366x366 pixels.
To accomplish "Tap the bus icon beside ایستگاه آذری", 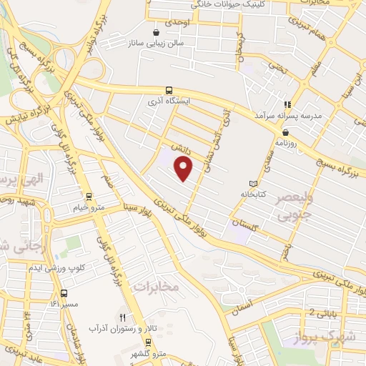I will (169, 90).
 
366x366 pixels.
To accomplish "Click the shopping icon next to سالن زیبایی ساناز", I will (156, 32).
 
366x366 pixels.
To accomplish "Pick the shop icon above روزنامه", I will (286, 132).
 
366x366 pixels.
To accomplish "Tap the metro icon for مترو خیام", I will (89, 196).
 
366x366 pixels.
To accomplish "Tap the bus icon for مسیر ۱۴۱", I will (65, 292).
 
